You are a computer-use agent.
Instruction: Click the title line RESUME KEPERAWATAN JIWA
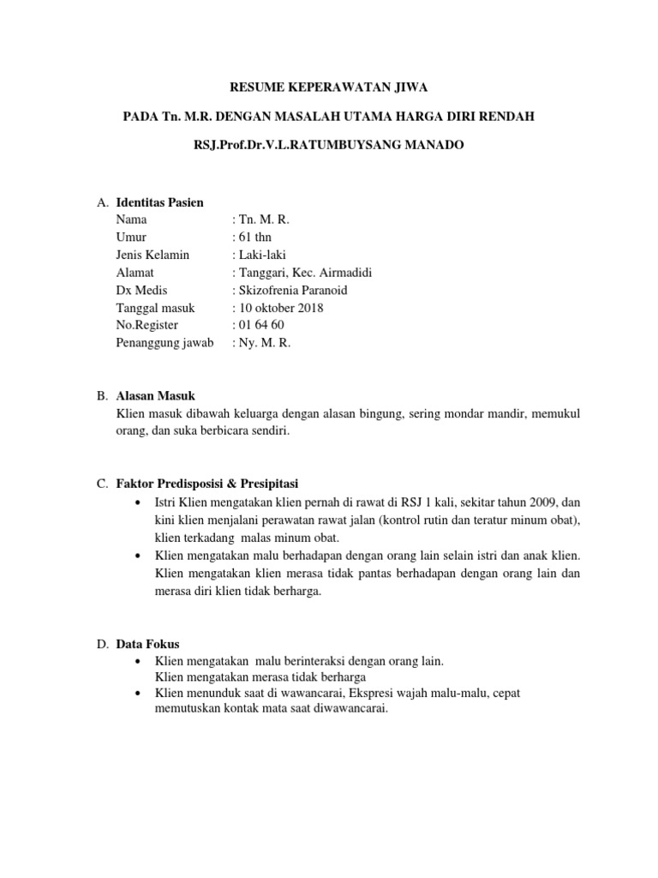330,87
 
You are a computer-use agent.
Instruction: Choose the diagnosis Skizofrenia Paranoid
292,290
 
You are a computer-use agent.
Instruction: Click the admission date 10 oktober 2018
280,308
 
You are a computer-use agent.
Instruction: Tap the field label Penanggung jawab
164,343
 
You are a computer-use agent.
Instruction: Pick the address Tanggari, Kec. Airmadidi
303,273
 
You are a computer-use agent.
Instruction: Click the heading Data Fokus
147,643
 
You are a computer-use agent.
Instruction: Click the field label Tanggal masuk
155,308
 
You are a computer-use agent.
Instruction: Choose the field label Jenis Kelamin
153,255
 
